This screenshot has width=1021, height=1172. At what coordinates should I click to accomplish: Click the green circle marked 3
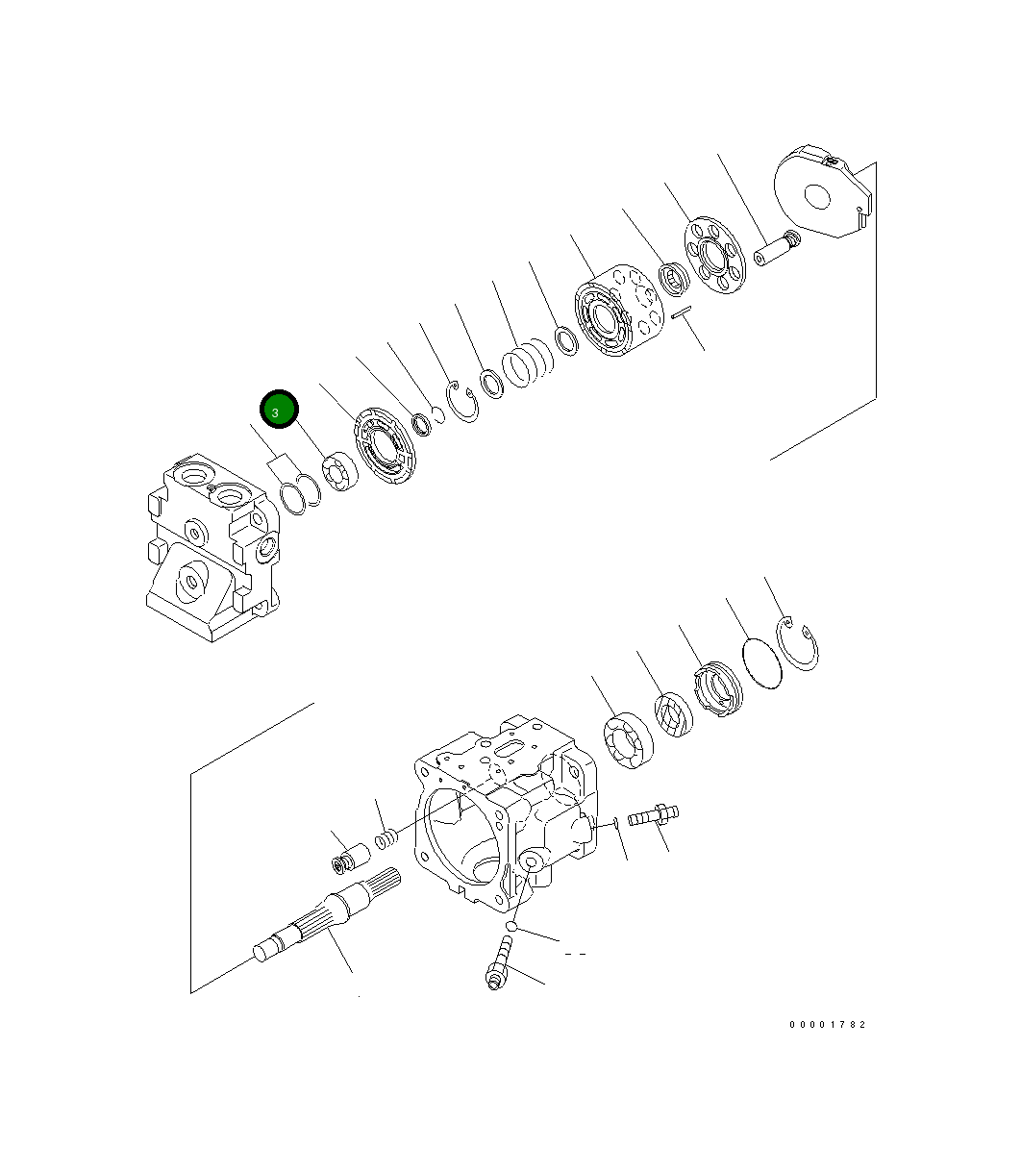(x=279, y=411)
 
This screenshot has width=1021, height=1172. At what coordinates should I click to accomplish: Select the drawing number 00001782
(x=827, y=1025)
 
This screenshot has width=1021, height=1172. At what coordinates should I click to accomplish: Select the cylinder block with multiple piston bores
(x=616, y=314)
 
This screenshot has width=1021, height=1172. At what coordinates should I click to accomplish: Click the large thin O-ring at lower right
(x=762, y=662)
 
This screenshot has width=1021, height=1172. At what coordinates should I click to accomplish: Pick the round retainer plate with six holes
(x=713, y=254)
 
